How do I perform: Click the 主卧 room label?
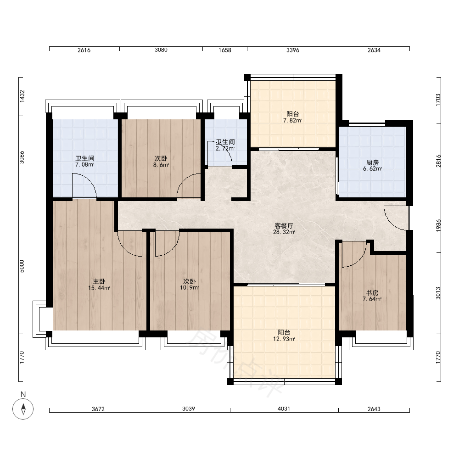[99, 282]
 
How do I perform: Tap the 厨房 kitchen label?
[372, 162]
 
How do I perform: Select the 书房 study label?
[372, 293]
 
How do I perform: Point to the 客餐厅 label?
[284, 226]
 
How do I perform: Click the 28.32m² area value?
[284, 232]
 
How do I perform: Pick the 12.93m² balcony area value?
[284, 339]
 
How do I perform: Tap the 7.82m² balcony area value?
[292, 120]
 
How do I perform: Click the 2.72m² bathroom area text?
[225, 148]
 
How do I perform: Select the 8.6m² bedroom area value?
[161, 165]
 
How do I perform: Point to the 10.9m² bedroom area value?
[190, 288]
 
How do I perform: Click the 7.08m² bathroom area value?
[84, 164]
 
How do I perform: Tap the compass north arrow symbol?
[23, 409]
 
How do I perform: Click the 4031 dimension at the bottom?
[284, 409]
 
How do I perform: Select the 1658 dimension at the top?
[225, 50]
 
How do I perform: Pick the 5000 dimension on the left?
[22, 266]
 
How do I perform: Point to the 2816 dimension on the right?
[438, 161]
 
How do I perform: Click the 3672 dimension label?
[98, 409]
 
